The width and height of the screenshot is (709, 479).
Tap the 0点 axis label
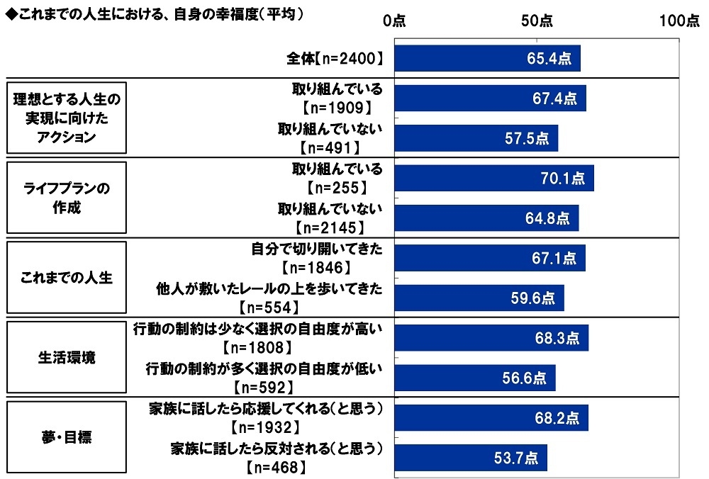click(x=394, y=21)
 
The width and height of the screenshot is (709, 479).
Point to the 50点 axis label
click(x=537, y=21)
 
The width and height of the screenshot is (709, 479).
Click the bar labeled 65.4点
click(x=487, y=58)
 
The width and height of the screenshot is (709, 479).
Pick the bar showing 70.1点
click(x=493, y=179)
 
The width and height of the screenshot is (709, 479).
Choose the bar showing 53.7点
click(x=471, y=458)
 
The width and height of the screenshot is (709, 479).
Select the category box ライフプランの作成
click(x=67, y=199)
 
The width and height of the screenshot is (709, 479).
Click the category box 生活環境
click(x=67, y=358)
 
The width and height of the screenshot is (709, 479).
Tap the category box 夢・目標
click(x=67, y=437)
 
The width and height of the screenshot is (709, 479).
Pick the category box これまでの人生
click(x=67, y=278)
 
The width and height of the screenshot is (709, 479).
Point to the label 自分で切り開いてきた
click(x=317, y=249)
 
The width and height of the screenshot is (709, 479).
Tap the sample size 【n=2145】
click(x=330, y=227)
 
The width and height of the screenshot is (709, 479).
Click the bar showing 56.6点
click(x=475, y=378)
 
